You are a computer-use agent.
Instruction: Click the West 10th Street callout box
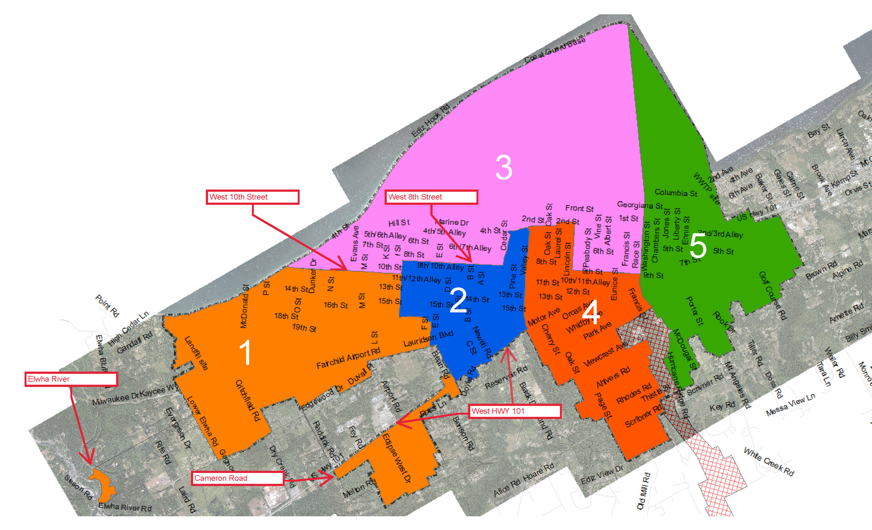(252, 197)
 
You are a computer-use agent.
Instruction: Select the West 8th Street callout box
(431, 197)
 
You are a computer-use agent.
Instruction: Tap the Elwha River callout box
(71, 379)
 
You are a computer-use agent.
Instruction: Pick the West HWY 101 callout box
(514, 411)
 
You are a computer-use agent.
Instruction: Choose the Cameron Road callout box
(237, 478)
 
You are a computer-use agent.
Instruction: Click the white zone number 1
(245, 352)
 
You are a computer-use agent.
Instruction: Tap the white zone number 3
(504, 167)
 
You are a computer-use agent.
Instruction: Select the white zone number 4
(591, 312)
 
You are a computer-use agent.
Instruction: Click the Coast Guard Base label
(554, 50)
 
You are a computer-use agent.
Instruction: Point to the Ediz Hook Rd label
(430, 121)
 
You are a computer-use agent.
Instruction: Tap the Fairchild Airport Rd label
(348, 358)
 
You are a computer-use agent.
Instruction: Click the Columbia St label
(675, 193)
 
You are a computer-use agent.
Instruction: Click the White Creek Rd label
(769, 462)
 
